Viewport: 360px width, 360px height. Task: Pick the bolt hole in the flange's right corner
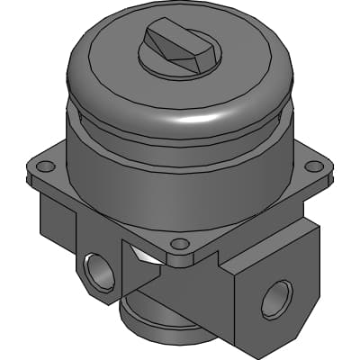click(x=312, y=166)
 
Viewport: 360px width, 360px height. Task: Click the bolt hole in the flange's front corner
click(x=179, y=243)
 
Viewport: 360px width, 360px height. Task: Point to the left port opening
click(x=99, y=271)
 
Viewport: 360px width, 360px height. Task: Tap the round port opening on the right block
click(x=276, y=298)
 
